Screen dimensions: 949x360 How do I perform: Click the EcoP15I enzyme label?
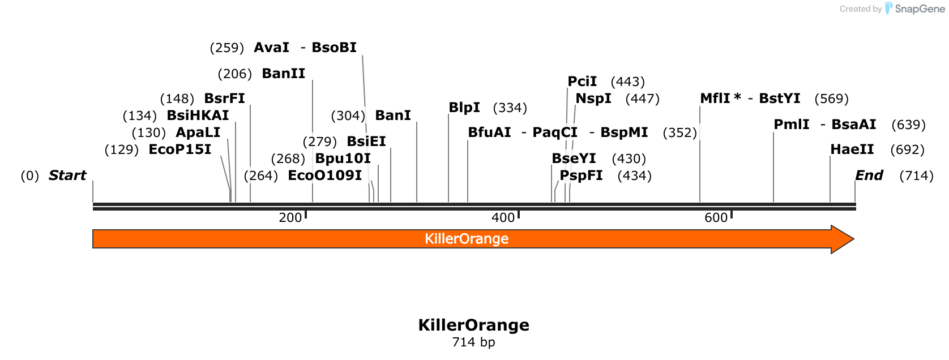coord(179,149)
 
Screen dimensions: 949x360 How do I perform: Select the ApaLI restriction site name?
coord(198,132)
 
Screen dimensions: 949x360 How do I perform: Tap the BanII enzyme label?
coord(284,73)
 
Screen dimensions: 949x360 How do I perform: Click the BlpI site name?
coord(464,108)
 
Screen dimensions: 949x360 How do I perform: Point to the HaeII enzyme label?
coord(852,149)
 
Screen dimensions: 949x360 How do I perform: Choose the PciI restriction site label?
coord(582,82)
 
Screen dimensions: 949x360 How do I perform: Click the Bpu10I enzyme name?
coord(343,158)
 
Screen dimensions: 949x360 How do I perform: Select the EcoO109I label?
coord(324,175)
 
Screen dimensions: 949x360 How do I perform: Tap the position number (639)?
coord(908,125)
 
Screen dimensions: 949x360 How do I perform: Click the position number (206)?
coord(235,74)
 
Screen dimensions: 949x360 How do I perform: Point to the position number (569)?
coord(832,98)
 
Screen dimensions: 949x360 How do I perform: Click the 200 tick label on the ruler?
coord(290,218)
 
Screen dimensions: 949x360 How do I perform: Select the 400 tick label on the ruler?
coord(503,218)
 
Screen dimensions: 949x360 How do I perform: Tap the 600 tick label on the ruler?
coord(716,218)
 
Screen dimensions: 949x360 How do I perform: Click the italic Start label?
coord(67,175)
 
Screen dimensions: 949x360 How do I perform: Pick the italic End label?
coord(869,175)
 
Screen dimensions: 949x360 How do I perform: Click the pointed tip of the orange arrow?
coord(854,239)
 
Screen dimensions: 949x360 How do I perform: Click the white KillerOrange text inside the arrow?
coord(467,239)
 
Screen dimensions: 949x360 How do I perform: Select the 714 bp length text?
coord(474,342)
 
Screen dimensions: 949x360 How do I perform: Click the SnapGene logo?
coord(914,8)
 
